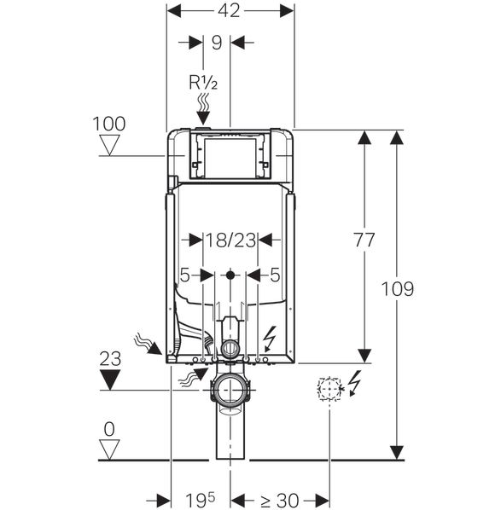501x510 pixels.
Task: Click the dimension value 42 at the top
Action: [229, 11]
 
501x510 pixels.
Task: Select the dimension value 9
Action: [217, 43]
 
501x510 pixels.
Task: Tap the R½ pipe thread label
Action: [203, 82]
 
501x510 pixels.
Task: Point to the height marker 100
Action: [109, 124]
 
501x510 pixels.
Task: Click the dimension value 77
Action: [364, 240]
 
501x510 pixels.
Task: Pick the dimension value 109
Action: [397, 289]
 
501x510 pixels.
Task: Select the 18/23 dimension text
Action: [230, 241]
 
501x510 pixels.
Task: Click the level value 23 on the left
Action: [110, 359]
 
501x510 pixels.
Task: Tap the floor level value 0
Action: [109, 429]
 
